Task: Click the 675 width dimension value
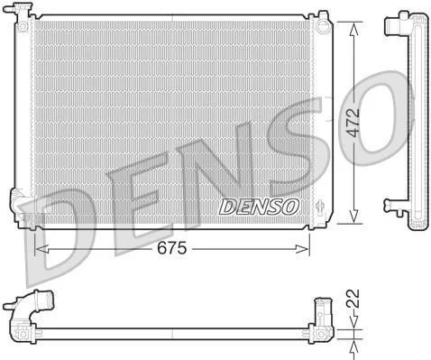point(172,249)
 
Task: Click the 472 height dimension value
point(353,122)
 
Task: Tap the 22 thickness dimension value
point(353,299)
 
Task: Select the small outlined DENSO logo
point(259,207)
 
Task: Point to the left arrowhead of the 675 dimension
point(41,249)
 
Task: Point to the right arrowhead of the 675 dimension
point(302,249)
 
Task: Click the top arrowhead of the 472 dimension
point(354,29)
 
